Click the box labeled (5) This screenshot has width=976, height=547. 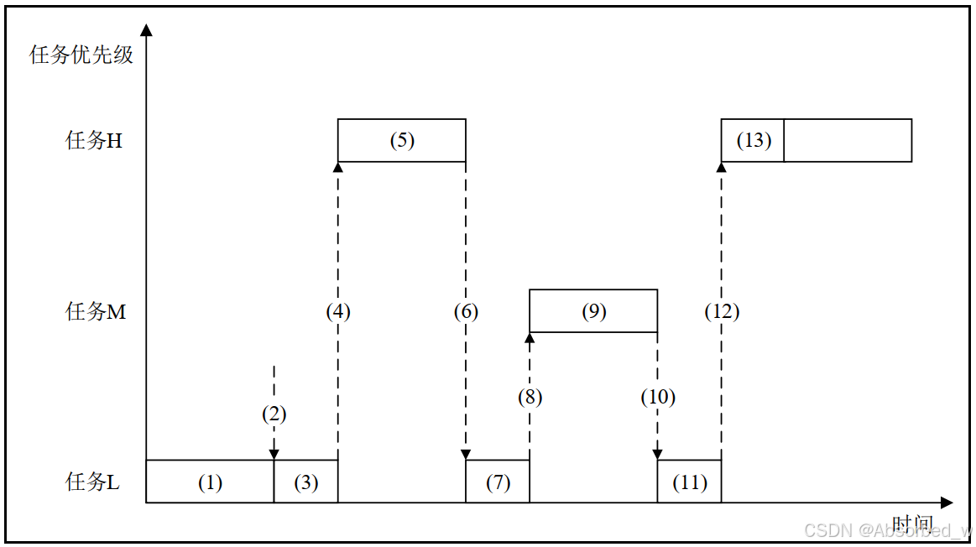tap(401, 140)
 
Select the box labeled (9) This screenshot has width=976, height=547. tap(592, 311)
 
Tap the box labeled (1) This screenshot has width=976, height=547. tap(210, 482)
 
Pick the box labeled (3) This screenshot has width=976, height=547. tap(305, 482)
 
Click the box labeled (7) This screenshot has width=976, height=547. tap(498, 482)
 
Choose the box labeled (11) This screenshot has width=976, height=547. tap(689, 482)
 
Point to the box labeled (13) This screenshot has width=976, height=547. tap(753, 140)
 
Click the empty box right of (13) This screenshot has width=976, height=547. tap(848, 140)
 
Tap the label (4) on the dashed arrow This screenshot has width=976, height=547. tap(338, 312)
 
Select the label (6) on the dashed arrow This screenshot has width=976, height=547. tap(466, 312)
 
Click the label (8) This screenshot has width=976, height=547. tap(530, 397)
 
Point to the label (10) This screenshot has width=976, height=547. tap(657, 397)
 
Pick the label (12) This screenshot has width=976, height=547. tap(722, 312)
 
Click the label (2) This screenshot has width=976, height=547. tap(274, 414)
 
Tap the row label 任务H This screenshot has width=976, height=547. tap(94, 141)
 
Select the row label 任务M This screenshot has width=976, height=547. tap(96, 312)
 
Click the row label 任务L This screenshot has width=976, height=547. tap(92, 482)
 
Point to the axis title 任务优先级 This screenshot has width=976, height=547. tap(81, 55)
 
